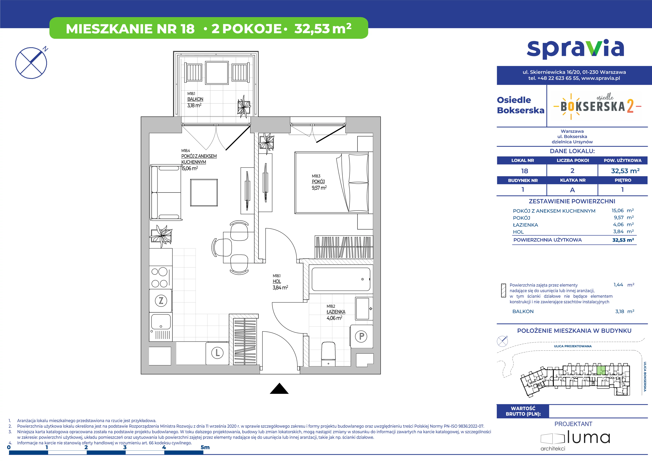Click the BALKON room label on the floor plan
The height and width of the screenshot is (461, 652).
(x=195, y=99)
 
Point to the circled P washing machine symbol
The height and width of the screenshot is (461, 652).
(x=361, y=336)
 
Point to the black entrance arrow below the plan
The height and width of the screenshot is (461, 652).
(x=279, y=388)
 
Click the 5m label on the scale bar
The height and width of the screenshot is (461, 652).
(x=205, y=447)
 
